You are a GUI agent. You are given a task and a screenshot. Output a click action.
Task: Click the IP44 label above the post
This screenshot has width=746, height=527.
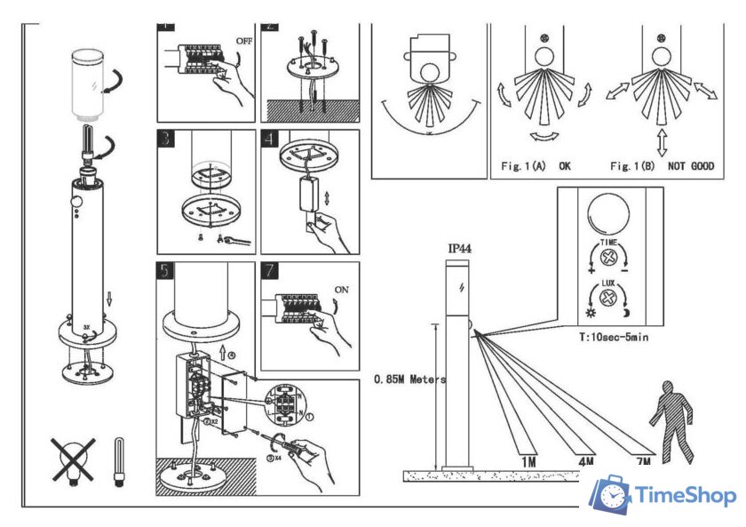point(458,250)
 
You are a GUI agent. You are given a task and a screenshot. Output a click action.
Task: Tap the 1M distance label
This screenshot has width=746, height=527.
point(528,462)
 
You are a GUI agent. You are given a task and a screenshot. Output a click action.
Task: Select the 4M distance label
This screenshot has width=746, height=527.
point(585,462)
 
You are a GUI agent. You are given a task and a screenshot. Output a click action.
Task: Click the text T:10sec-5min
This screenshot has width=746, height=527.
point(612,339)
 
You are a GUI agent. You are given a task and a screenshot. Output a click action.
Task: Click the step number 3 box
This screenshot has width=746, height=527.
point(166,140)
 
